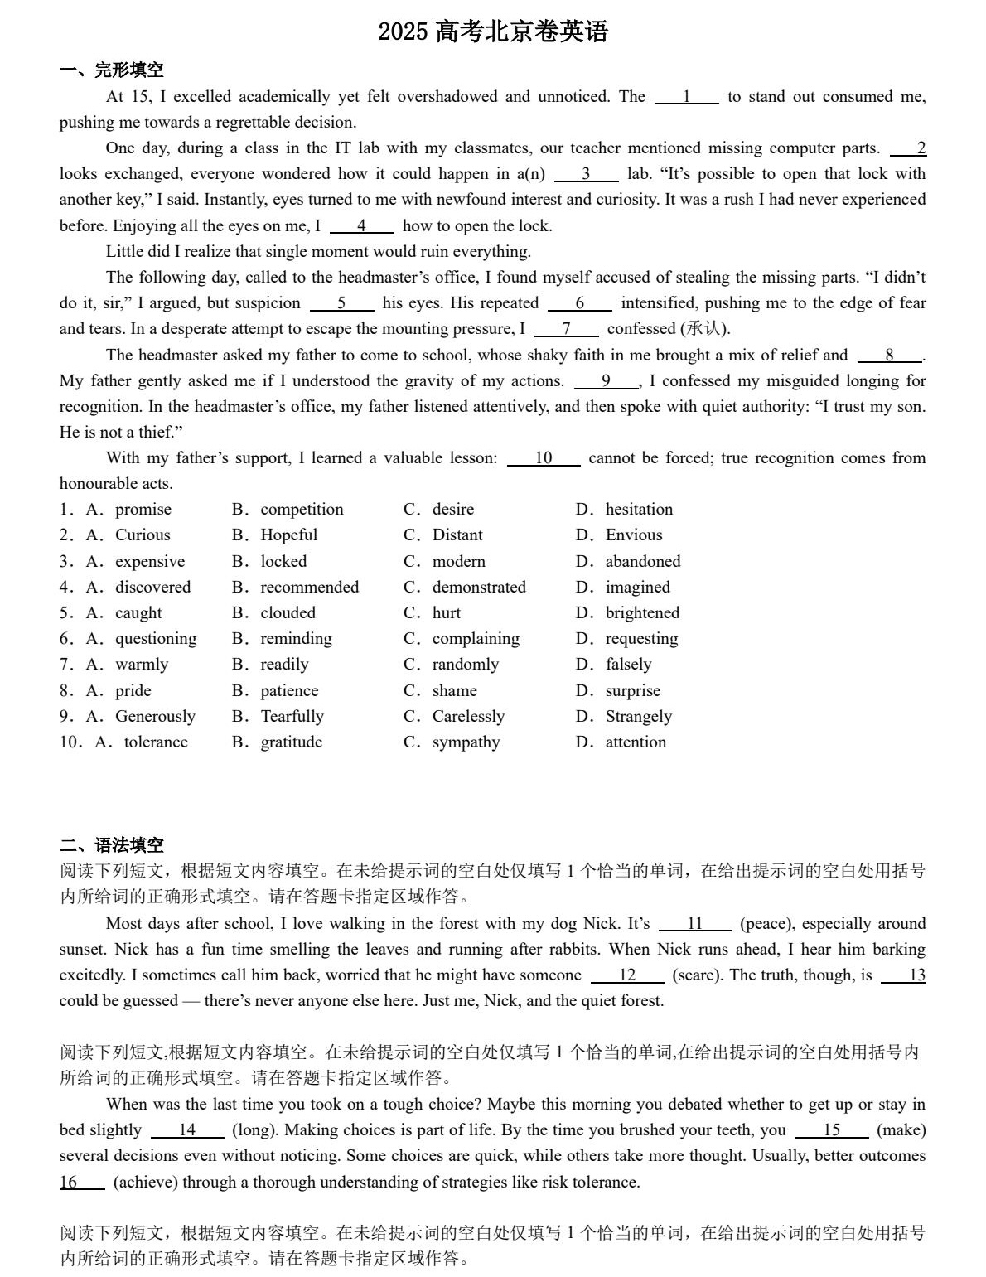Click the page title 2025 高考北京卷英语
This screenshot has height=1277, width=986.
click(493, 31)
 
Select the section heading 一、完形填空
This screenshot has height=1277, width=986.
click(112, 70)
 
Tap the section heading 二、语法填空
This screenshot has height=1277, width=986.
click(112, 845)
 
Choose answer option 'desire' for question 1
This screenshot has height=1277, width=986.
click(452, 509)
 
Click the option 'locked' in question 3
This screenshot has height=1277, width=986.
click(283, 561)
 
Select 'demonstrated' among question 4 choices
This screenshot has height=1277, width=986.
click(478, 587)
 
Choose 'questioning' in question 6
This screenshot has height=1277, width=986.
click(156, 638)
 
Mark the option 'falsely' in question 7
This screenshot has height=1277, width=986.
click(628, 664)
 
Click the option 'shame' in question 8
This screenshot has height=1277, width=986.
click(454, 690)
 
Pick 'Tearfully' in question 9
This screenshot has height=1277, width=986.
click(292, 716)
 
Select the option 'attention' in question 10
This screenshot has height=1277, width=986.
click(636, 742)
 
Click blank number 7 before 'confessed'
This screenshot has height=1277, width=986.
click(567, 329)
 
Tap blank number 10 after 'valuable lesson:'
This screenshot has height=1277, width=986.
click(544, 458)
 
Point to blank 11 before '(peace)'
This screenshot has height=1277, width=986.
click(695, 924)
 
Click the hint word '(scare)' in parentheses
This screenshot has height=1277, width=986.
click(694, 975)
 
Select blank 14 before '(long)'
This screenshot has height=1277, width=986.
click(187, 1130)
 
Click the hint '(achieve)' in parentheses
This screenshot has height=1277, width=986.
click(145, 1182)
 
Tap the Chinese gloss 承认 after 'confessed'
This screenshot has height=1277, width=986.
click(703, 329)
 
